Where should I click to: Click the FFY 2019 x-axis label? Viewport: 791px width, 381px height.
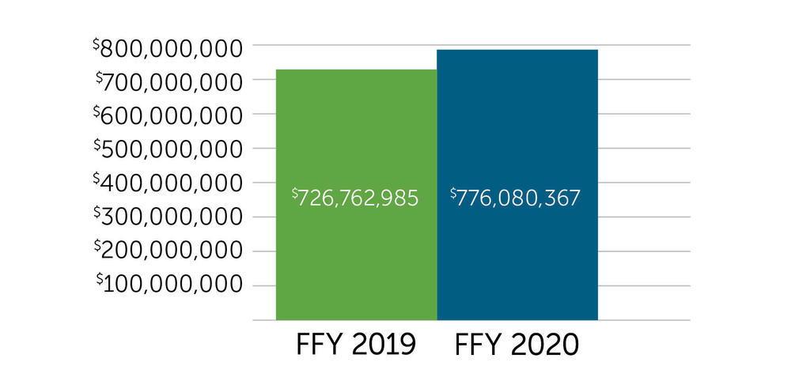pyautogui.click(x=355, y=346)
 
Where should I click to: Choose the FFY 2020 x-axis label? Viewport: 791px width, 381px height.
pyautogui.click(x=517, y=346)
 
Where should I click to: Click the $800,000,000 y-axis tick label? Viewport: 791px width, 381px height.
pyautogui.click(x=167, y=49)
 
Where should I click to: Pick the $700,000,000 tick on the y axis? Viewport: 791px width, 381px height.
pyautogui.click(x=168, y=82)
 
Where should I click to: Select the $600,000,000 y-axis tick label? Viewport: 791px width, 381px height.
pyautogui.click(x=167, y=116)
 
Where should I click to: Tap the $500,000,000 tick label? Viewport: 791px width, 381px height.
pyautogui.click(x=167, y=149)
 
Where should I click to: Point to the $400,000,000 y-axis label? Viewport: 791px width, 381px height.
pyautogui.click(x=167, y=183)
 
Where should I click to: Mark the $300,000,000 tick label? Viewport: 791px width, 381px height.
pyautogui.click(x=167, y=217)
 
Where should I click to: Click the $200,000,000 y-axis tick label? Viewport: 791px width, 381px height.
pyautogui.click(x=167, y=251)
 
